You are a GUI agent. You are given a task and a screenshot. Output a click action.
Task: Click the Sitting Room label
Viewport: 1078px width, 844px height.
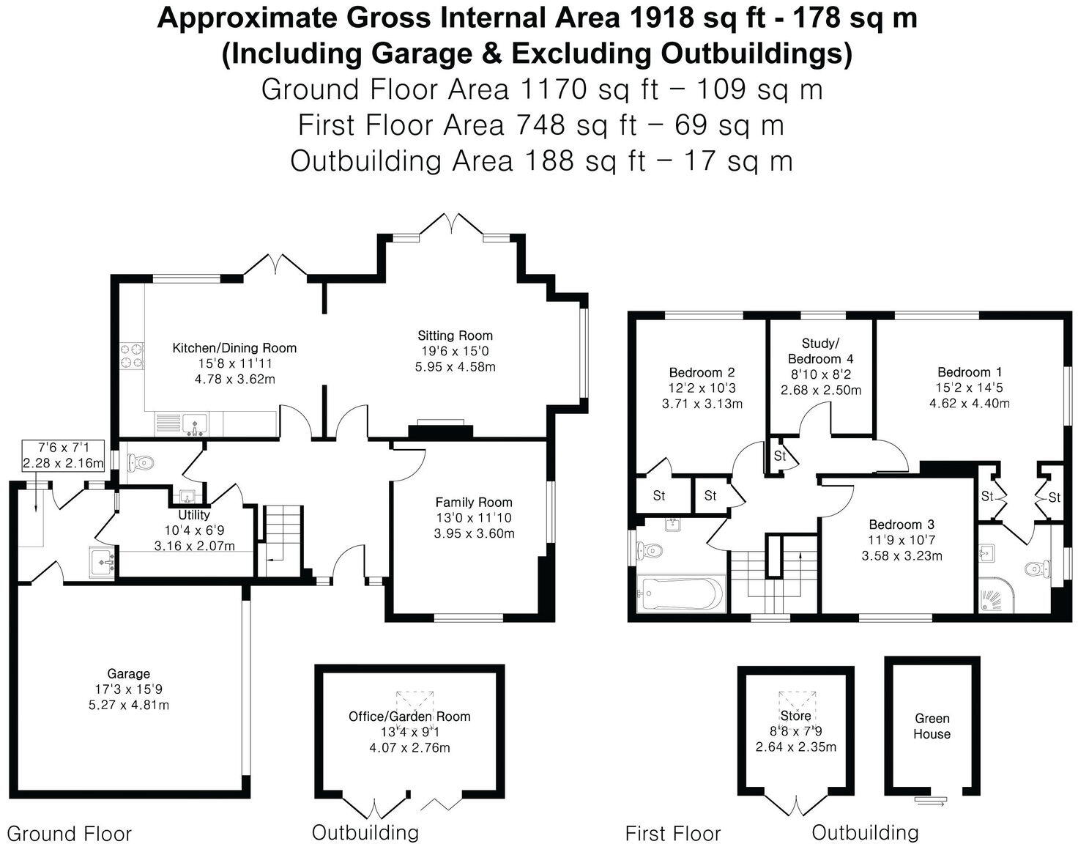point(455,336)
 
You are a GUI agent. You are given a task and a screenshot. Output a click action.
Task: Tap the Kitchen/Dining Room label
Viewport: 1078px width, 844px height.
point(234,348)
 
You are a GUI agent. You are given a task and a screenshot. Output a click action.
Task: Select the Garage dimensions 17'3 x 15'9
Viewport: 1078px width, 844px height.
point(128,689)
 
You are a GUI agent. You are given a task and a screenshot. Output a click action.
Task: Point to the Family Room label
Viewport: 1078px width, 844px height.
point(473,503)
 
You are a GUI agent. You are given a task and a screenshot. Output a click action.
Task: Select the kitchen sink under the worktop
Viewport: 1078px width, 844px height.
point(195,423)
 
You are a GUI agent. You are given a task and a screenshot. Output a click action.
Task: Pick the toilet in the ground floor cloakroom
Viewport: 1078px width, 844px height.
point(141,462)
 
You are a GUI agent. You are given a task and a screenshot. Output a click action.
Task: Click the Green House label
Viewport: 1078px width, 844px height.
point(932,726)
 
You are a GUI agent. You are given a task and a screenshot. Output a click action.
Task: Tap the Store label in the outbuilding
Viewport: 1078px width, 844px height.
point(795,716)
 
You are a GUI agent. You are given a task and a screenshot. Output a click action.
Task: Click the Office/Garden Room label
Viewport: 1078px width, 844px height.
point(409,717)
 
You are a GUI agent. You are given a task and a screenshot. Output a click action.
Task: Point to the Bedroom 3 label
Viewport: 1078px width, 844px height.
point(901,525)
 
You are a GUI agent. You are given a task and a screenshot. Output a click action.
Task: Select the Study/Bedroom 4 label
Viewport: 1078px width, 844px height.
point(820,351)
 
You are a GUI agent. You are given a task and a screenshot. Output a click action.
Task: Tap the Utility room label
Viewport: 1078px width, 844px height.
point(194,515)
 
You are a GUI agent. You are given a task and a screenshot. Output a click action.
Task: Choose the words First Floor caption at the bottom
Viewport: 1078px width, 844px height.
point(672,833)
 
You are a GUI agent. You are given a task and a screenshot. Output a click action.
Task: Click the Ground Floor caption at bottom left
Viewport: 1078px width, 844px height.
point(69,834)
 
